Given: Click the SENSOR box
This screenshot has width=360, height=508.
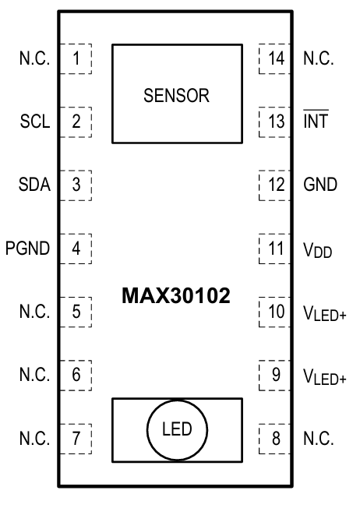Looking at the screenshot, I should (x=176, y=93).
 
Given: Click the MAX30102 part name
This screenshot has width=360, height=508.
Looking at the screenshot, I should (x=176, y=297).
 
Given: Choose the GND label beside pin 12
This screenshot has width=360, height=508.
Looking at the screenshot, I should (x=319, y=185).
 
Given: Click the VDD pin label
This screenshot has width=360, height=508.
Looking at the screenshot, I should (x=318, y=250).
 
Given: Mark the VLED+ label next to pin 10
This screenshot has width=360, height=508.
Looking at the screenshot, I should (x=324, y=313).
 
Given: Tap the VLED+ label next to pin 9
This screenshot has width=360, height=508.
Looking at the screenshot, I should (x=324, y=376).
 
